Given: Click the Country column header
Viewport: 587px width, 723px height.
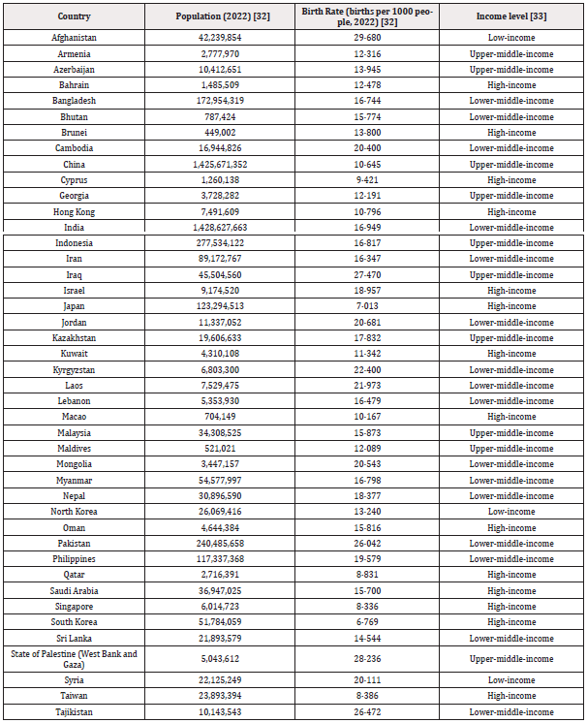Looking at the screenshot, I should click(74, 17).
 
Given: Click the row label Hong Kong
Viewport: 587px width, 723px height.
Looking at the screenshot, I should click(74, 211).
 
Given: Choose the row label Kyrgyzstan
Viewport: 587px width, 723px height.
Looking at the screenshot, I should click(74, 369).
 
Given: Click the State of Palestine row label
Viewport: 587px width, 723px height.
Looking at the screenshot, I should click(74, 659).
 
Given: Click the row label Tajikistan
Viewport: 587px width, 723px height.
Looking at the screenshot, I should click(74, 712).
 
